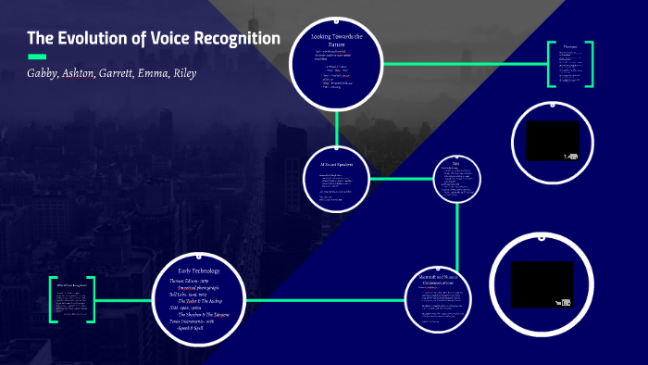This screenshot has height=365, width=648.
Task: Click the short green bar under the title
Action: (x=37, y=57)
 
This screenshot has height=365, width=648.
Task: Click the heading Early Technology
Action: (x=203, y=270)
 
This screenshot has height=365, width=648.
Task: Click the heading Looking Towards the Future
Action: (x=336, y=39)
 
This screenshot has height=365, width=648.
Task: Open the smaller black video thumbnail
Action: (x=553, y=140)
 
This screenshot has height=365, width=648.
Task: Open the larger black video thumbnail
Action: (x=542, y=284)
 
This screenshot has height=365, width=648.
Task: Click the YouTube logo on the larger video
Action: (x=561, y=302)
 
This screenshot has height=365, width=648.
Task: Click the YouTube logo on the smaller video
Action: (x=570, y=157)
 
